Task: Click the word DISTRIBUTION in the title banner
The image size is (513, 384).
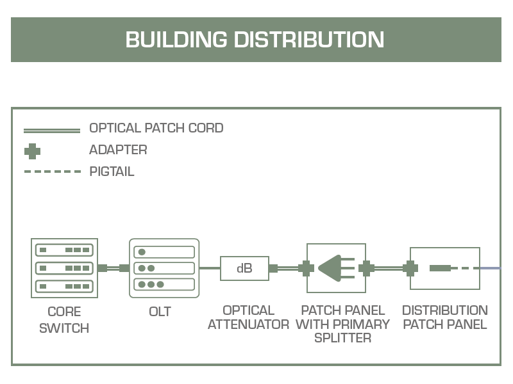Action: (308, 40)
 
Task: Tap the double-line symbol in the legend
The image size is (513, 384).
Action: (52, 131)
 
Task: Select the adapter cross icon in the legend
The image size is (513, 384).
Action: (32, 152)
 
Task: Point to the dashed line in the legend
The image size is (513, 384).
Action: (52, 172)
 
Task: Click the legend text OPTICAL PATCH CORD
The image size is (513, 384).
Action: (156, 128)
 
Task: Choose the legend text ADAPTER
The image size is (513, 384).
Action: (118, 150)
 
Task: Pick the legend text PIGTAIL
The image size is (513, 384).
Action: (112, 172)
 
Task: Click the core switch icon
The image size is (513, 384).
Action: (64, 268)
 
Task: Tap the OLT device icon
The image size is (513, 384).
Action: (164, 268)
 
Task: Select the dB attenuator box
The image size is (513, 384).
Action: (244, 268)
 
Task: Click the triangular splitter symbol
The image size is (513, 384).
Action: (331, 268)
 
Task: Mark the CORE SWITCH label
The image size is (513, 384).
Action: (64, 320)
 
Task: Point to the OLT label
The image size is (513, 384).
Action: (160, 312)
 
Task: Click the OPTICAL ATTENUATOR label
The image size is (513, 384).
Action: (248, 317)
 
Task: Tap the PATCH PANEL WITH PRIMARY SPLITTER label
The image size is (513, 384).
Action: (342, 324)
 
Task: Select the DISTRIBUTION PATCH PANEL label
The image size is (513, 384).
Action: (445, 317)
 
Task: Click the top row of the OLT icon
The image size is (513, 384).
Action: (164, 252)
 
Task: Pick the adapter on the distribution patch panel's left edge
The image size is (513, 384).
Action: (410, 268)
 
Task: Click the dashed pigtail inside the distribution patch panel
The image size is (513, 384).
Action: (462, 268)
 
